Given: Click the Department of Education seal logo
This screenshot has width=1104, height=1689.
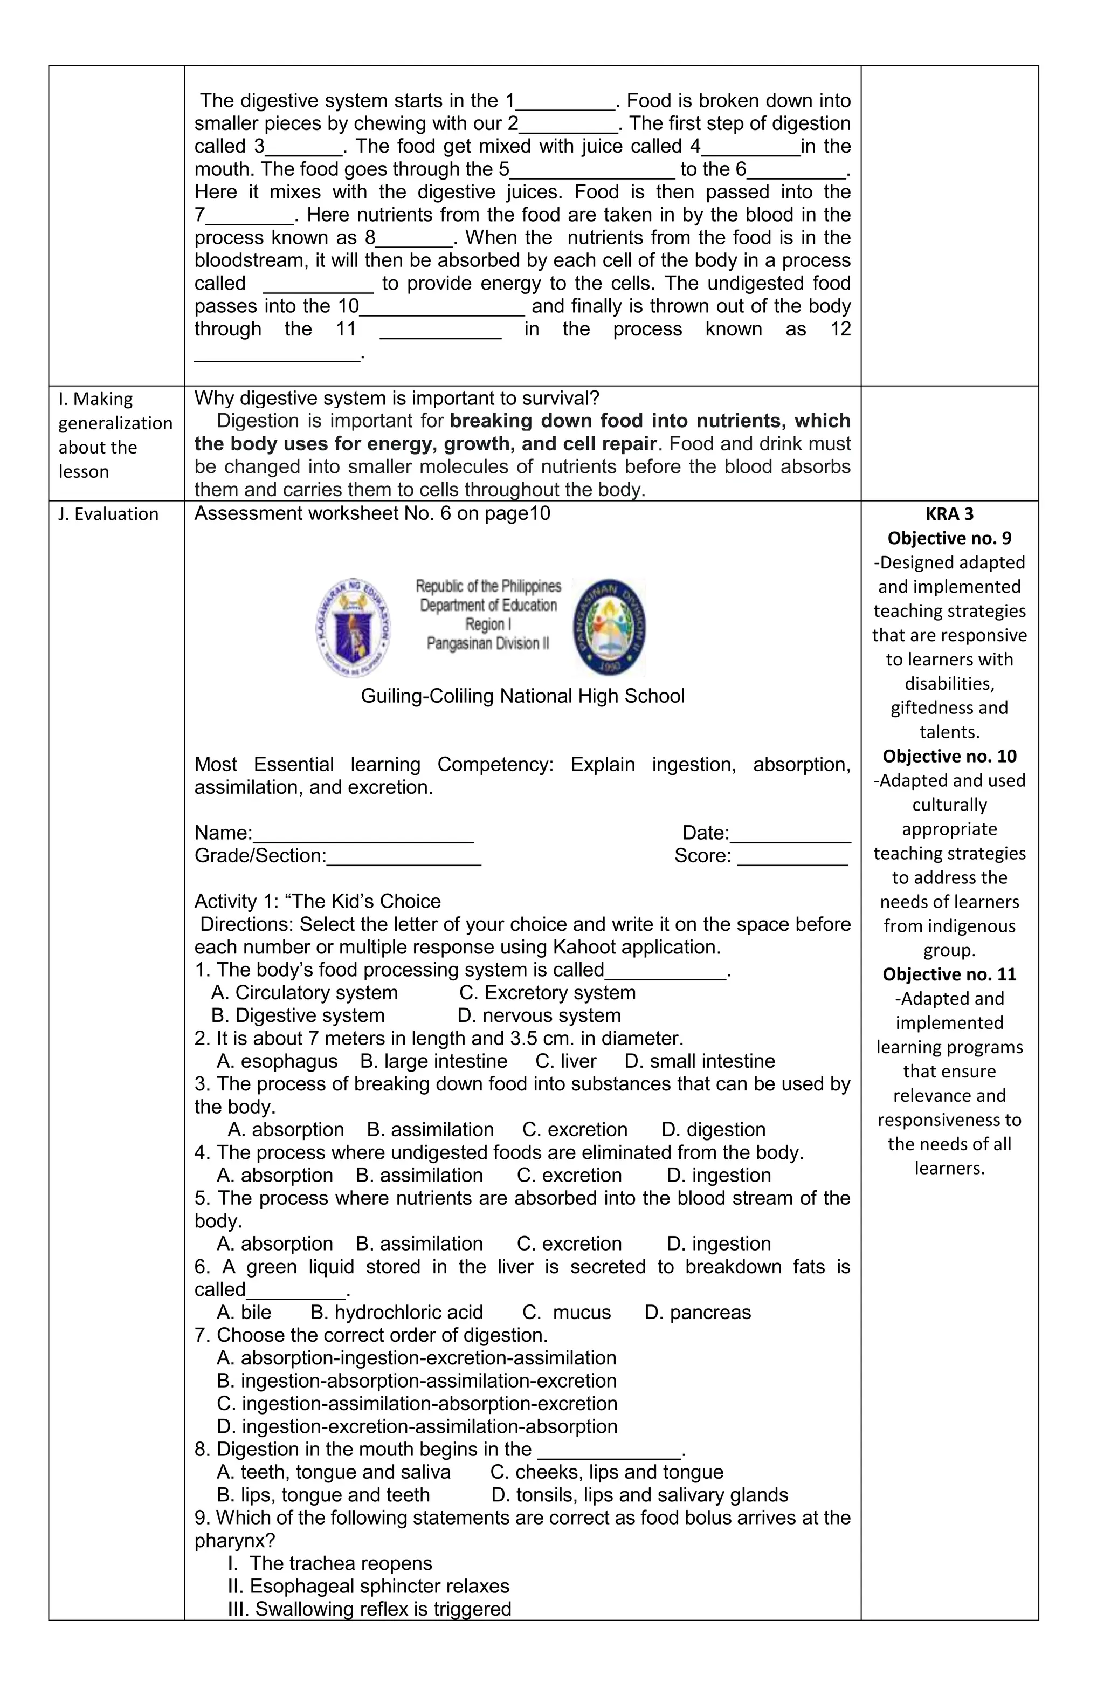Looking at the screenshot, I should point(353,627).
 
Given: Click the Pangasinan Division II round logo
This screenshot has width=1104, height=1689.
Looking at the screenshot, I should point(609,626).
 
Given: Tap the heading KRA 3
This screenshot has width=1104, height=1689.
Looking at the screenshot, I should point(949,514).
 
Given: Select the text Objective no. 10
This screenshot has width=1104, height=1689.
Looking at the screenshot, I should point(949,756).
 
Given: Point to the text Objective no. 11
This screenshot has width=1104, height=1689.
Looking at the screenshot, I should point(949,974).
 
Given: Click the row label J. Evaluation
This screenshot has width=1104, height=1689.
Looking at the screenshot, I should point(108,514).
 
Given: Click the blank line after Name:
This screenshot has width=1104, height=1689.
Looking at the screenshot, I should point(363,835).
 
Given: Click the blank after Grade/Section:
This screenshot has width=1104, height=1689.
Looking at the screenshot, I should point(404,857).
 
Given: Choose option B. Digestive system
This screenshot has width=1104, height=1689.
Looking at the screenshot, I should point(298,1015).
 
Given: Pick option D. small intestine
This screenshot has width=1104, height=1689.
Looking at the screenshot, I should point(700,1061).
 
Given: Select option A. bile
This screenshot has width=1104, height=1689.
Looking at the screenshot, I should point(244,1312).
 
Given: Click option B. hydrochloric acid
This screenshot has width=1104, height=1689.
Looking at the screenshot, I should point(397,1312).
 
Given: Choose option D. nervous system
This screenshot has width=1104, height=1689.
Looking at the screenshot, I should point(539,1015).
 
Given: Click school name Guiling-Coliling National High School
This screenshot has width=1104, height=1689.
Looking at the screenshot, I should point(522,696).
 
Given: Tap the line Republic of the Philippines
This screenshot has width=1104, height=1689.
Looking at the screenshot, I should point(488,586).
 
